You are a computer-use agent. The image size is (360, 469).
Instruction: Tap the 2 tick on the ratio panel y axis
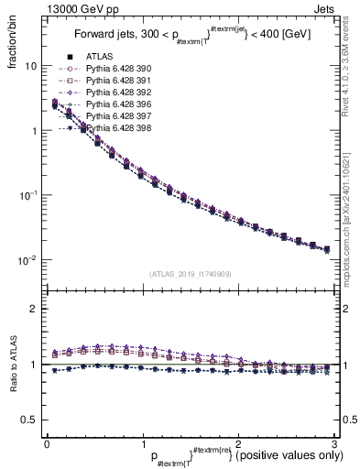pos(32,309)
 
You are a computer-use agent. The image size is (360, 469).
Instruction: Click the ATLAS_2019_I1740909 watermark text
pos(190,274)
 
